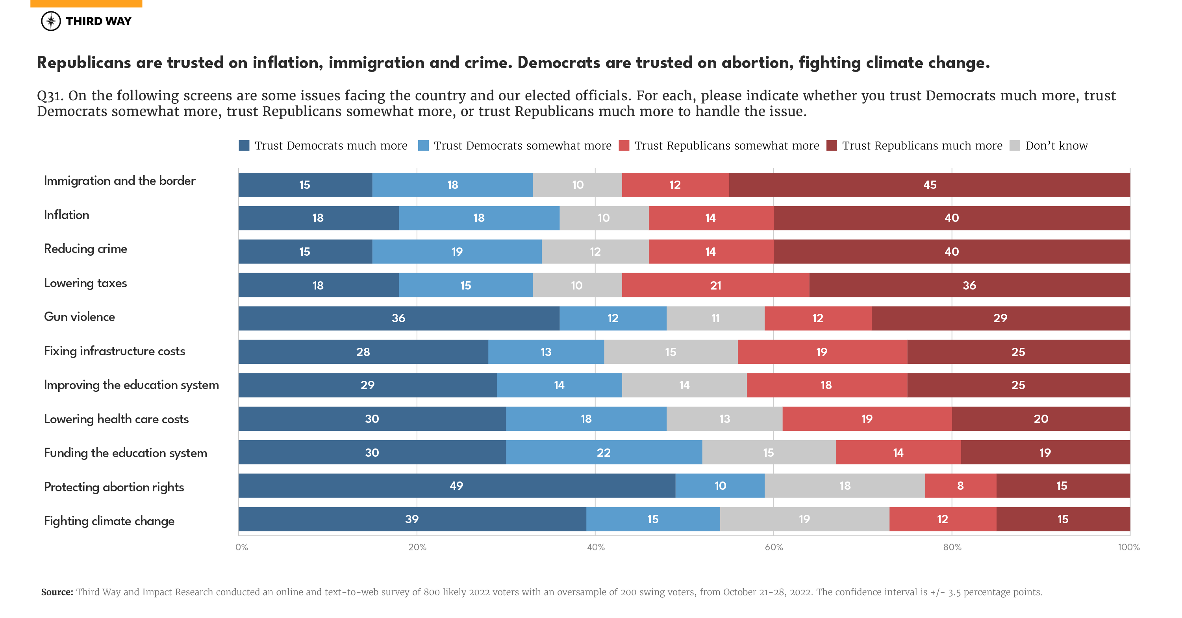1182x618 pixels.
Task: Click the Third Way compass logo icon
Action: click(50, 21)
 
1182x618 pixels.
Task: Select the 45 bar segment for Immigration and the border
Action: click(929, 185)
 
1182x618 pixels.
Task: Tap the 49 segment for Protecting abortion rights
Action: click(457, 485)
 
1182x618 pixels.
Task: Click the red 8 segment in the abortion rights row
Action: click(960, 485)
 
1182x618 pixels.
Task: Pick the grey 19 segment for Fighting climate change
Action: click(804, 519)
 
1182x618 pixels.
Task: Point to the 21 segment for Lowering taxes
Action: click(715, 285)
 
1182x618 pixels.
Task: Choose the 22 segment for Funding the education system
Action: click(603, 452)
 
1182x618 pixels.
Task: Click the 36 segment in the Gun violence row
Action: click(398, 318)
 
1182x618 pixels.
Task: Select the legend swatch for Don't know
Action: click(1015, 146)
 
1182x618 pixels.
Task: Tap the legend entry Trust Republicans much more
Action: click(922, 146)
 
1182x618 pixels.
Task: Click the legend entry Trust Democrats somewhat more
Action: click(522, 146)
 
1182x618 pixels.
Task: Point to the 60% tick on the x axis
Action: click(774, 547)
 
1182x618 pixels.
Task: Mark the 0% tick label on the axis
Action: click(241, 547)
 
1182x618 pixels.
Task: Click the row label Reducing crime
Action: click(85, 249)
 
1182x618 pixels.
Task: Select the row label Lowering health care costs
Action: click(116, 419)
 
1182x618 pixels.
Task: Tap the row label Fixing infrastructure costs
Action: click(114, 351)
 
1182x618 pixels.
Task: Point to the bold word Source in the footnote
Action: click(57, 592)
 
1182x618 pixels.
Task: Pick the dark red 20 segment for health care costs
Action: click(1041, 419)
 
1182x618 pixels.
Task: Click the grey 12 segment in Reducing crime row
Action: click(595, 252)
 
